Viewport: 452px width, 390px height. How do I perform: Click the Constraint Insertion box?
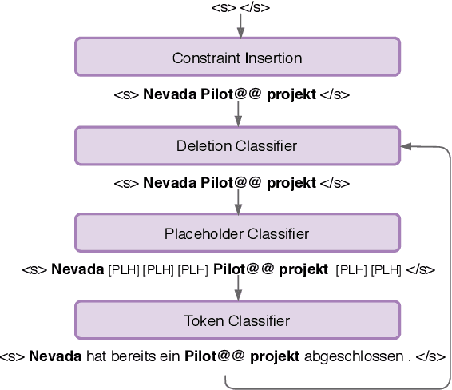tap(237, 58)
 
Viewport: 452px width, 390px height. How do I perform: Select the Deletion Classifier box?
tap(237, 145)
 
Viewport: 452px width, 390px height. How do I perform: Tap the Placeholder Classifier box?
tap(237, 233)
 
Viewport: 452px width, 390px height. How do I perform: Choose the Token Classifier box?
tap(237, 320)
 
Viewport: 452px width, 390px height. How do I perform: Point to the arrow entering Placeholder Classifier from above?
tap(238, 204)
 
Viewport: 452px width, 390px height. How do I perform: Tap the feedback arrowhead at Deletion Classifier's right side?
tap(407, 146)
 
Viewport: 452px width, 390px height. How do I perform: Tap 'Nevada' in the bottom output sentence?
tap(54, 356)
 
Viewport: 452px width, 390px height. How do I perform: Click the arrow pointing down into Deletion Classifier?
tap(238, 116)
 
